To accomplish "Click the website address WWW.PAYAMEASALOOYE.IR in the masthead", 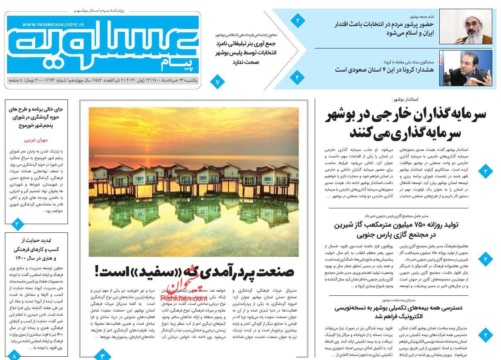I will pyautogui.click(x=53, y=25).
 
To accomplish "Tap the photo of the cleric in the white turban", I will pyautogui.click(x=465, y=27).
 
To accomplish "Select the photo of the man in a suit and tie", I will pyautogui.click(x=465, y=68).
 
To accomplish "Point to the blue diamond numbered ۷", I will pyautogui.click(x=217, y=82).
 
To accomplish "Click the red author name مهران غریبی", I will pyautogui.click(x=36, y=140).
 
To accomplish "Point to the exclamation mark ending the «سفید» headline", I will pyautogui.click(x=98, y=271).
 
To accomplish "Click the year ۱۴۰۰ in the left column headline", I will pyautogui.click(x=21, y=258).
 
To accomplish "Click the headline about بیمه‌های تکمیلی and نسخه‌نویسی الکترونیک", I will pyautogui.click(x=399, y=312).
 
